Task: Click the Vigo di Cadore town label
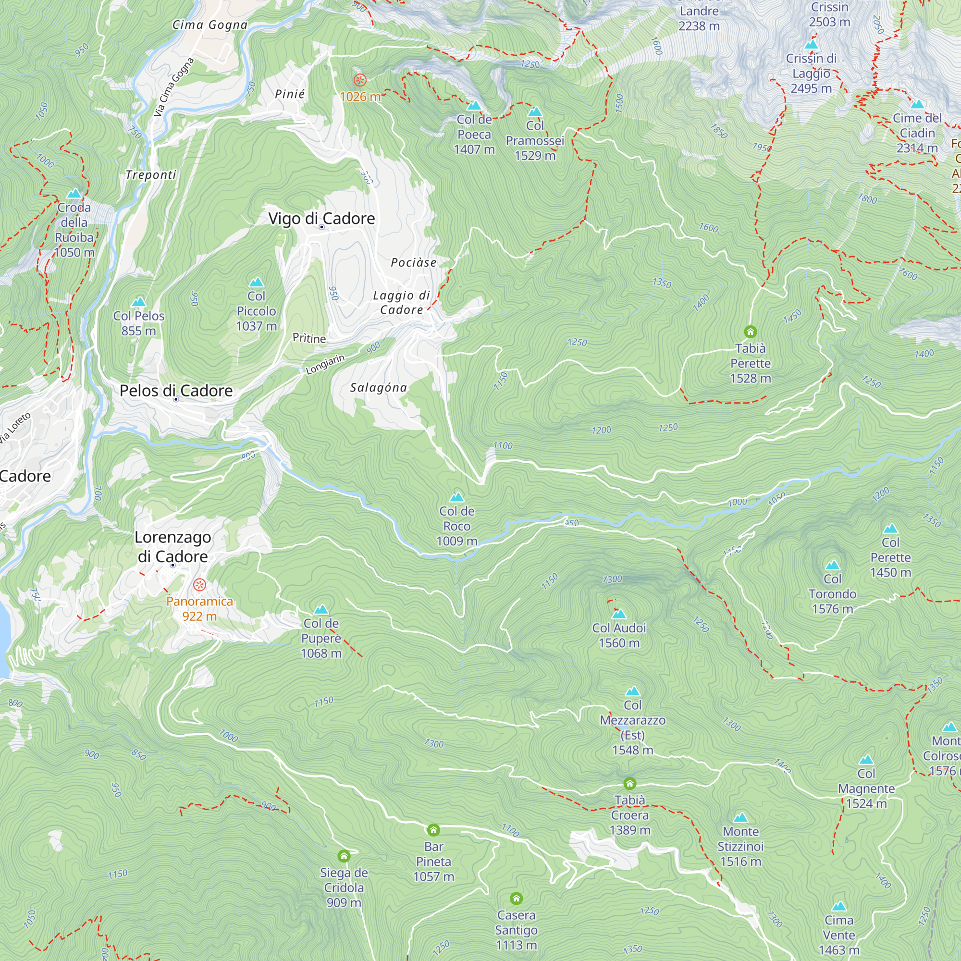click(321, 218)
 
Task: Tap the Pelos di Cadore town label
click(176, 391)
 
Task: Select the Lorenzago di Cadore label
click(172, 547)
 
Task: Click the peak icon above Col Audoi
click(619, 614)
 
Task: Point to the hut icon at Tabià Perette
click(750, 331)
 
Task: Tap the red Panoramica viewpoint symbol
click(199, 584)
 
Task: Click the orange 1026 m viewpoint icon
click(359, 80)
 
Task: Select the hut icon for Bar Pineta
click(433, 830)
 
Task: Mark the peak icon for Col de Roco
click(456, 497)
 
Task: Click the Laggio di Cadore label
click(401, 302)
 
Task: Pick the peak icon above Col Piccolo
click(256, 283)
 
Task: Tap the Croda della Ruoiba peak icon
click(74, 194)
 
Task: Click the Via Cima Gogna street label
click(173, 87)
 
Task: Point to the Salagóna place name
click(378, 387)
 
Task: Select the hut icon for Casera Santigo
click(517, 899)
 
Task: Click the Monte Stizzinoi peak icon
click(740, 818)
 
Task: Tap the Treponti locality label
click(151, 174)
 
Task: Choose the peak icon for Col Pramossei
click(535, 112)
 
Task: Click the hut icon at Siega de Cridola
click(344, 856)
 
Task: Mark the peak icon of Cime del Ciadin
click(917, 104)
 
